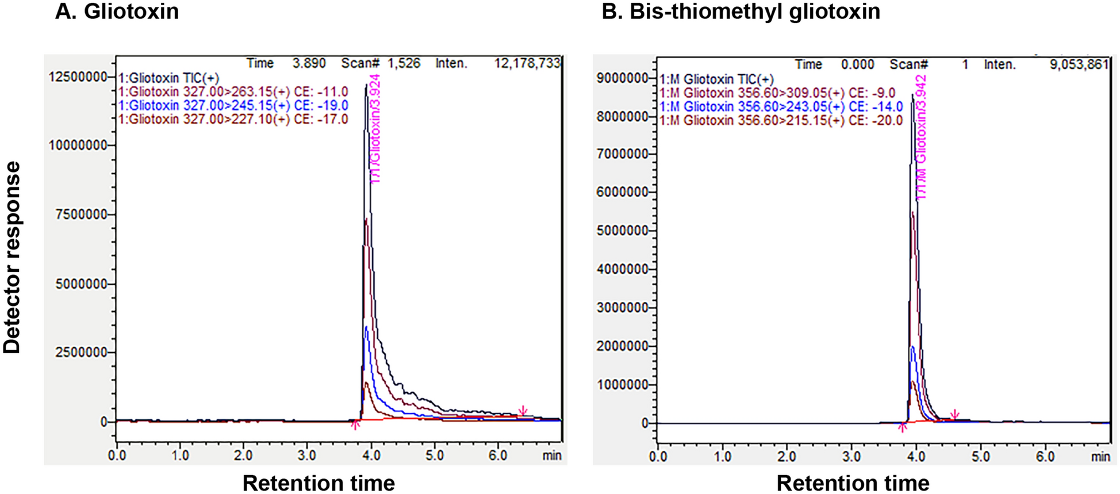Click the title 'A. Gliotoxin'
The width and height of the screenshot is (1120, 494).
pos(117,12)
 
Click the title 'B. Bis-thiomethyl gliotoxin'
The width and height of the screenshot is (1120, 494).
pos(741,12)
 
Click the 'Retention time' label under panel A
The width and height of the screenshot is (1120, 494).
pos(319,483)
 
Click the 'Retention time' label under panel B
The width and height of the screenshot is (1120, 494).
pos(853,483)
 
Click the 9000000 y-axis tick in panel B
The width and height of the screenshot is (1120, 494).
pos(623,78)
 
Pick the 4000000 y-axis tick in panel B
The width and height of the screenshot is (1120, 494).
pos(623,269)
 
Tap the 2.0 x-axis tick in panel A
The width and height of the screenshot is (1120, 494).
pos(243,456)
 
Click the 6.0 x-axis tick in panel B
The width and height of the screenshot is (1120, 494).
pos(1045,457)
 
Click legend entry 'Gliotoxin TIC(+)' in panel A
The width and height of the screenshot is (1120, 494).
pos(168,78)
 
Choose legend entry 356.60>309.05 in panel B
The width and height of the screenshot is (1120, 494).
pos(777,93)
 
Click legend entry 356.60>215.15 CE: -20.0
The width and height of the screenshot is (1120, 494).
pos(781,120)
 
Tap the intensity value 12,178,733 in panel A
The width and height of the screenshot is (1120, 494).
pos(527,63)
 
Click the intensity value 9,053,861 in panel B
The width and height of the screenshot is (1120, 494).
pos(1079,64)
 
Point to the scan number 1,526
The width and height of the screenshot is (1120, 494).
pos(404,63)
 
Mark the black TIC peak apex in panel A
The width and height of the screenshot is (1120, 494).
pos(366,85)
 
